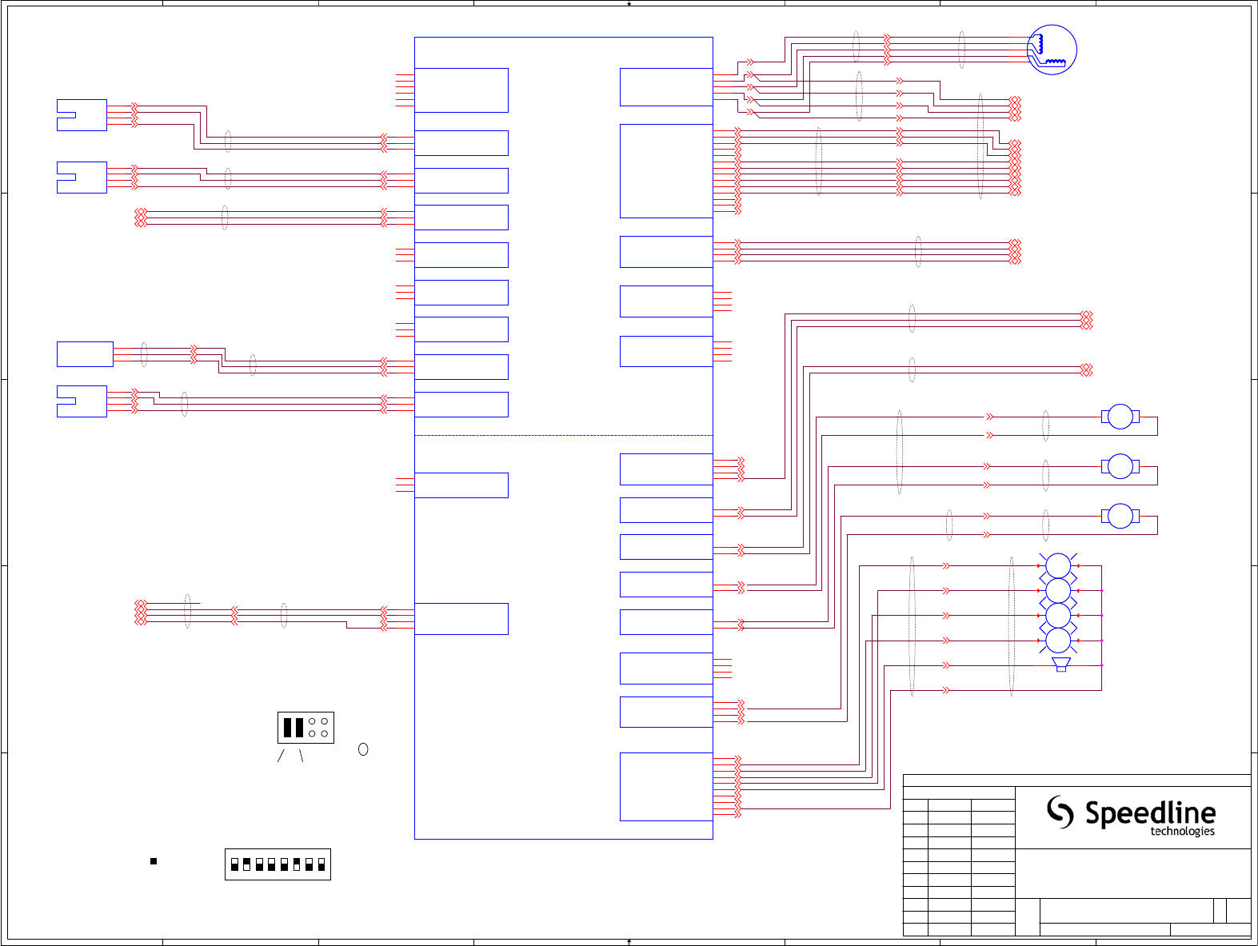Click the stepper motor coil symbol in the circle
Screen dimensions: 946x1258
[x=1052, y=50]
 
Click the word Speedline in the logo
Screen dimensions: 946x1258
[x=1150, y=813]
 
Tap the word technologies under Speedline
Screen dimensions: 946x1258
[x=1182, y=832]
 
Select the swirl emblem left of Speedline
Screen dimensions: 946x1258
[x=1060, y=812]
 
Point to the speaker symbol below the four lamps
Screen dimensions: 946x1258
[x=1061, y=665]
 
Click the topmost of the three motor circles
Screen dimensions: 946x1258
[x=1120, y=417]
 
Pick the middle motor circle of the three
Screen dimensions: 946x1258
[x=1120, y=466]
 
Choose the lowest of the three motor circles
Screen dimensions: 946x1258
[x=1120, y=516]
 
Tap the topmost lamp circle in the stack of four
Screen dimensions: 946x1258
[x=1058, y=565]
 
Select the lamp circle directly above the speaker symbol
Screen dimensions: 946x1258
[x=1058, y=640]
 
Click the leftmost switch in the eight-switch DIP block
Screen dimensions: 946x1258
[x=234, y=864]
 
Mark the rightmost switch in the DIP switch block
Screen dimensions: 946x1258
[x=321, y=864]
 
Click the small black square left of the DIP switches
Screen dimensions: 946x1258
[x=154, y=861]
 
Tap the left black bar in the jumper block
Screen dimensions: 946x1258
[x=288, y=727]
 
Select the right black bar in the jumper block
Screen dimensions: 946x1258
[x=299, y=727]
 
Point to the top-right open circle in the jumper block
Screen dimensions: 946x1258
[x=324, y=721]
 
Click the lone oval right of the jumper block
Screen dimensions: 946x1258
[x=363, y=749]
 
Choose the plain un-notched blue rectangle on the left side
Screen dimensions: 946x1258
[x=85, y=354]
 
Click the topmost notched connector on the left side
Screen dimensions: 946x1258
[x=82, y=115]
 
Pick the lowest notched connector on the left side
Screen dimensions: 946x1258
[x=82, y=401]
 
